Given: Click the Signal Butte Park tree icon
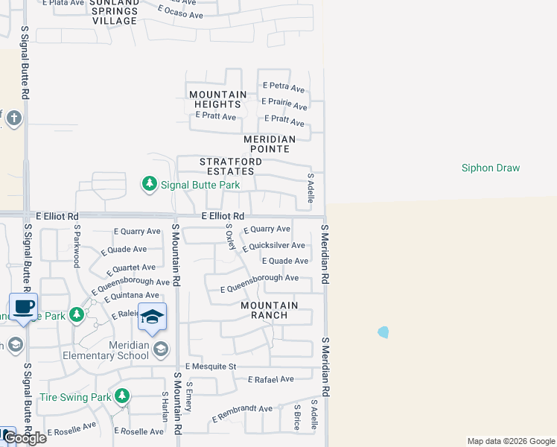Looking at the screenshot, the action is pyautogui.click(x=150, y=183).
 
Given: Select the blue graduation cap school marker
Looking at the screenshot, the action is pyautogui.click(x=152, y=318).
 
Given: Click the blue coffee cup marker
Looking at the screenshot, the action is pyautogui.click(x=22, y=307).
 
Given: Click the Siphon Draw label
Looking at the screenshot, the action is pyautogui.click(x=491, y=168).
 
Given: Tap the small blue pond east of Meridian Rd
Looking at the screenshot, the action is pyautogui.click(x=383, y=332).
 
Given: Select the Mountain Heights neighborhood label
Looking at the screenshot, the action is pyautogui.click(x=217, y=100).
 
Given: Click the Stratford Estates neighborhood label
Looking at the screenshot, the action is pyautogui.click(x=230, y=166).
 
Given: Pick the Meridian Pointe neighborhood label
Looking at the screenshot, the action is pyautogui.click(x=270, y=145).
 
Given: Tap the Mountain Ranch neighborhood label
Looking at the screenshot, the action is pyautogui.click(x=269, y=310).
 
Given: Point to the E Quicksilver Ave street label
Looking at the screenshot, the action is pyautogui.click(x=273, y=246).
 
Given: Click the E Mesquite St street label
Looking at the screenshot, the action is pyautogui.click(x=211, y=367).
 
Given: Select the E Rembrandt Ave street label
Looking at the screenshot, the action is pyautogui.click(x=242, y=412).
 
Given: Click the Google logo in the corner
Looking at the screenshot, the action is pyautogui.click(x=25, y=438).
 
